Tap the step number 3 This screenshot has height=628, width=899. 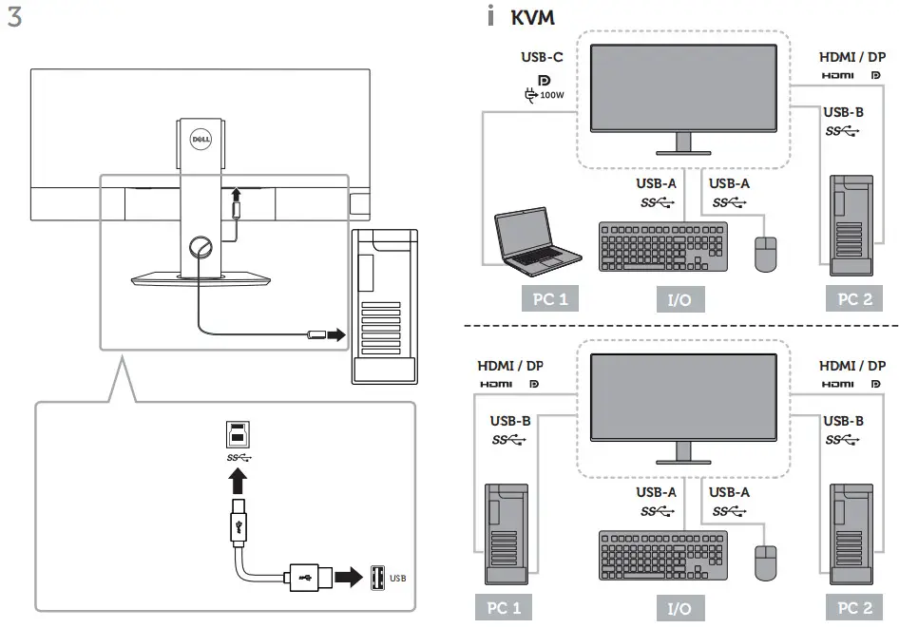click(x=15, y=18)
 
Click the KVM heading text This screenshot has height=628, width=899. click(x=532, y=18)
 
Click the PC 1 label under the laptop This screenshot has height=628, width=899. click(x=550, y=299)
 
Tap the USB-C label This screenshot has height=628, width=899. click(x=541, y=57)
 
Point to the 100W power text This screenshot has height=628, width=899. click(x=551, y=94)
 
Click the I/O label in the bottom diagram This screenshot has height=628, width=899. click(x=679, y=609)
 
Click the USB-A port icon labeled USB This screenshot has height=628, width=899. click(x=377, y=576)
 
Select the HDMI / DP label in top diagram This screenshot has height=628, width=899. click(x=852, y=57)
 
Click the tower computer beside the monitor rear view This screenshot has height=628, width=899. click(x=383, y=306)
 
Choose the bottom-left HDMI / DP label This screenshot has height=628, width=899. click(x=510, y=366)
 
